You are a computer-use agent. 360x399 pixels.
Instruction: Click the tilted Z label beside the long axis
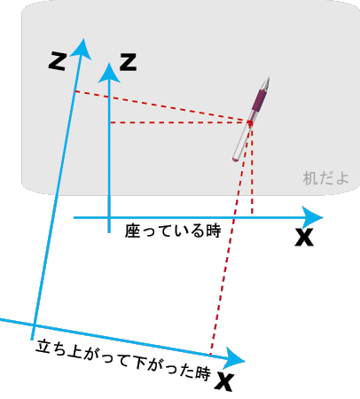point(58,61)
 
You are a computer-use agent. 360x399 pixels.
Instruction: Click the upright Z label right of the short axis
point(128,62)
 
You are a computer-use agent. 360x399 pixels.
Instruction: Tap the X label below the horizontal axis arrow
point(304,237)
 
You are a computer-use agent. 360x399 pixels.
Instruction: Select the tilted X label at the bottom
point(224,381)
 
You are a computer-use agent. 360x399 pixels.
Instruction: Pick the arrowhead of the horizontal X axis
point(312,218)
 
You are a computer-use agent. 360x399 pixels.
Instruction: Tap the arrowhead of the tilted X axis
point(234,358)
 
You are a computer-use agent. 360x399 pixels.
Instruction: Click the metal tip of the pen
point(266,83)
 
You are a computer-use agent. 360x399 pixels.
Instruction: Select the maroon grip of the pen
point(259,100)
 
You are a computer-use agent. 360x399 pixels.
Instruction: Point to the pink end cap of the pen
point(235,160)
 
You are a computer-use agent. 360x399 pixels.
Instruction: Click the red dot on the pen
point(250,122)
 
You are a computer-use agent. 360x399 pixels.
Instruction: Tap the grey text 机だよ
point(325,178)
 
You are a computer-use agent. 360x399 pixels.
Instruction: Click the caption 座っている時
point(173,231)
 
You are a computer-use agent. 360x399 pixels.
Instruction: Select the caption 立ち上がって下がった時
point(123,360)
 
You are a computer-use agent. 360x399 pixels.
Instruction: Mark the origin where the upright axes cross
point(109,218)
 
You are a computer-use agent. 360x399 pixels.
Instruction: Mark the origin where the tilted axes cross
point(34,325)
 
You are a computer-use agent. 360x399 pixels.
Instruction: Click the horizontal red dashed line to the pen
point(180,122)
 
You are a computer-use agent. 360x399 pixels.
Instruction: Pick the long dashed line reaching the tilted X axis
point(231,239)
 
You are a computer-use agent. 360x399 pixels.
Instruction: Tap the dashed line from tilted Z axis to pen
point(162,106)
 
